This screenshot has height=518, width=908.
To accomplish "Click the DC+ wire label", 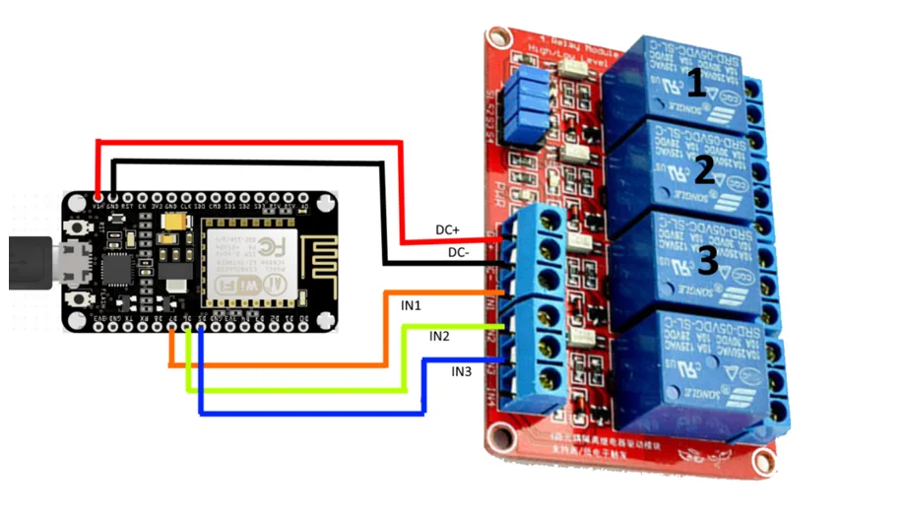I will click(448, 230).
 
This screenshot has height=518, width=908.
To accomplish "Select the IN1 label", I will click(412, 305).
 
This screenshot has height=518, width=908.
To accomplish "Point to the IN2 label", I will click(439, 337).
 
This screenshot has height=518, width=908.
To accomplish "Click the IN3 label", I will click(462, 371).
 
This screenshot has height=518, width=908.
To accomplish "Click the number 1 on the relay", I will click(696, 83).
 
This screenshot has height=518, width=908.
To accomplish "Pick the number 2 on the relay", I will click(703, 170).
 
